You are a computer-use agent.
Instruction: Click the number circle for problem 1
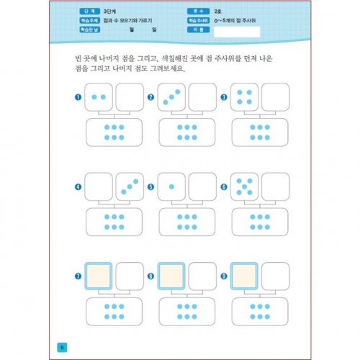[77, 96]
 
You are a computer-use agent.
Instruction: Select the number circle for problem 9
[225, 275]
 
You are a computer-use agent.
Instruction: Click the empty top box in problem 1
[130, 96]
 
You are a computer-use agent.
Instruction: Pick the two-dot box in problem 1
[99, 96]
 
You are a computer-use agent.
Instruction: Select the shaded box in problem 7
[99, 276]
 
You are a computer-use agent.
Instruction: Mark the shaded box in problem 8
[171, 276]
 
